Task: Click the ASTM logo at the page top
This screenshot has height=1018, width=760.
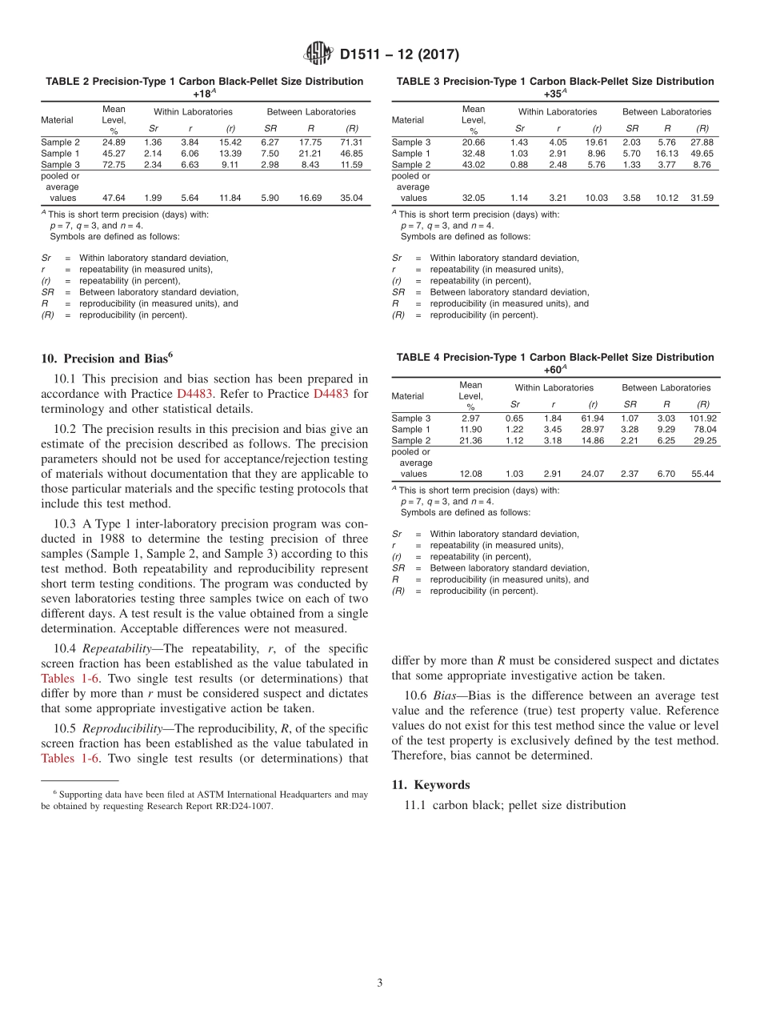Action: tap(320, 54)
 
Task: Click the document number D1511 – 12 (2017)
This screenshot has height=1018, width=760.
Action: tap(399, 55)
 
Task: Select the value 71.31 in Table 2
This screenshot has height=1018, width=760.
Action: tap(350, 142)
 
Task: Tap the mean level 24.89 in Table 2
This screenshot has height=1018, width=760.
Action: tap(113, 142)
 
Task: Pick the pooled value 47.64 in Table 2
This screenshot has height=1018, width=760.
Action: tap(113, 198)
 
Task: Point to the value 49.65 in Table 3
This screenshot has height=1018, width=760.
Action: tap(702, 153)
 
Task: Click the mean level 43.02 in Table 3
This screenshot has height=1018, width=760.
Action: tap(474, 164)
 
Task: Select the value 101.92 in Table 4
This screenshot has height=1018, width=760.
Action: tap(702, 418)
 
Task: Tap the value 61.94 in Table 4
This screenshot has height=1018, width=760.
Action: tap(593, 418)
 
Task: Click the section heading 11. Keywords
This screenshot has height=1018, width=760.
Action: tap(430, 784)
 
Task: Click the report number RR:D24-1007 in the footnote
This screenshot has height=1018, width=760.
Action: tap(241, 806)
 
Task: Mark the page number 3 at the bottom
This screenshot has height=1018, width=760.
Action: tap(380, 983)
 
